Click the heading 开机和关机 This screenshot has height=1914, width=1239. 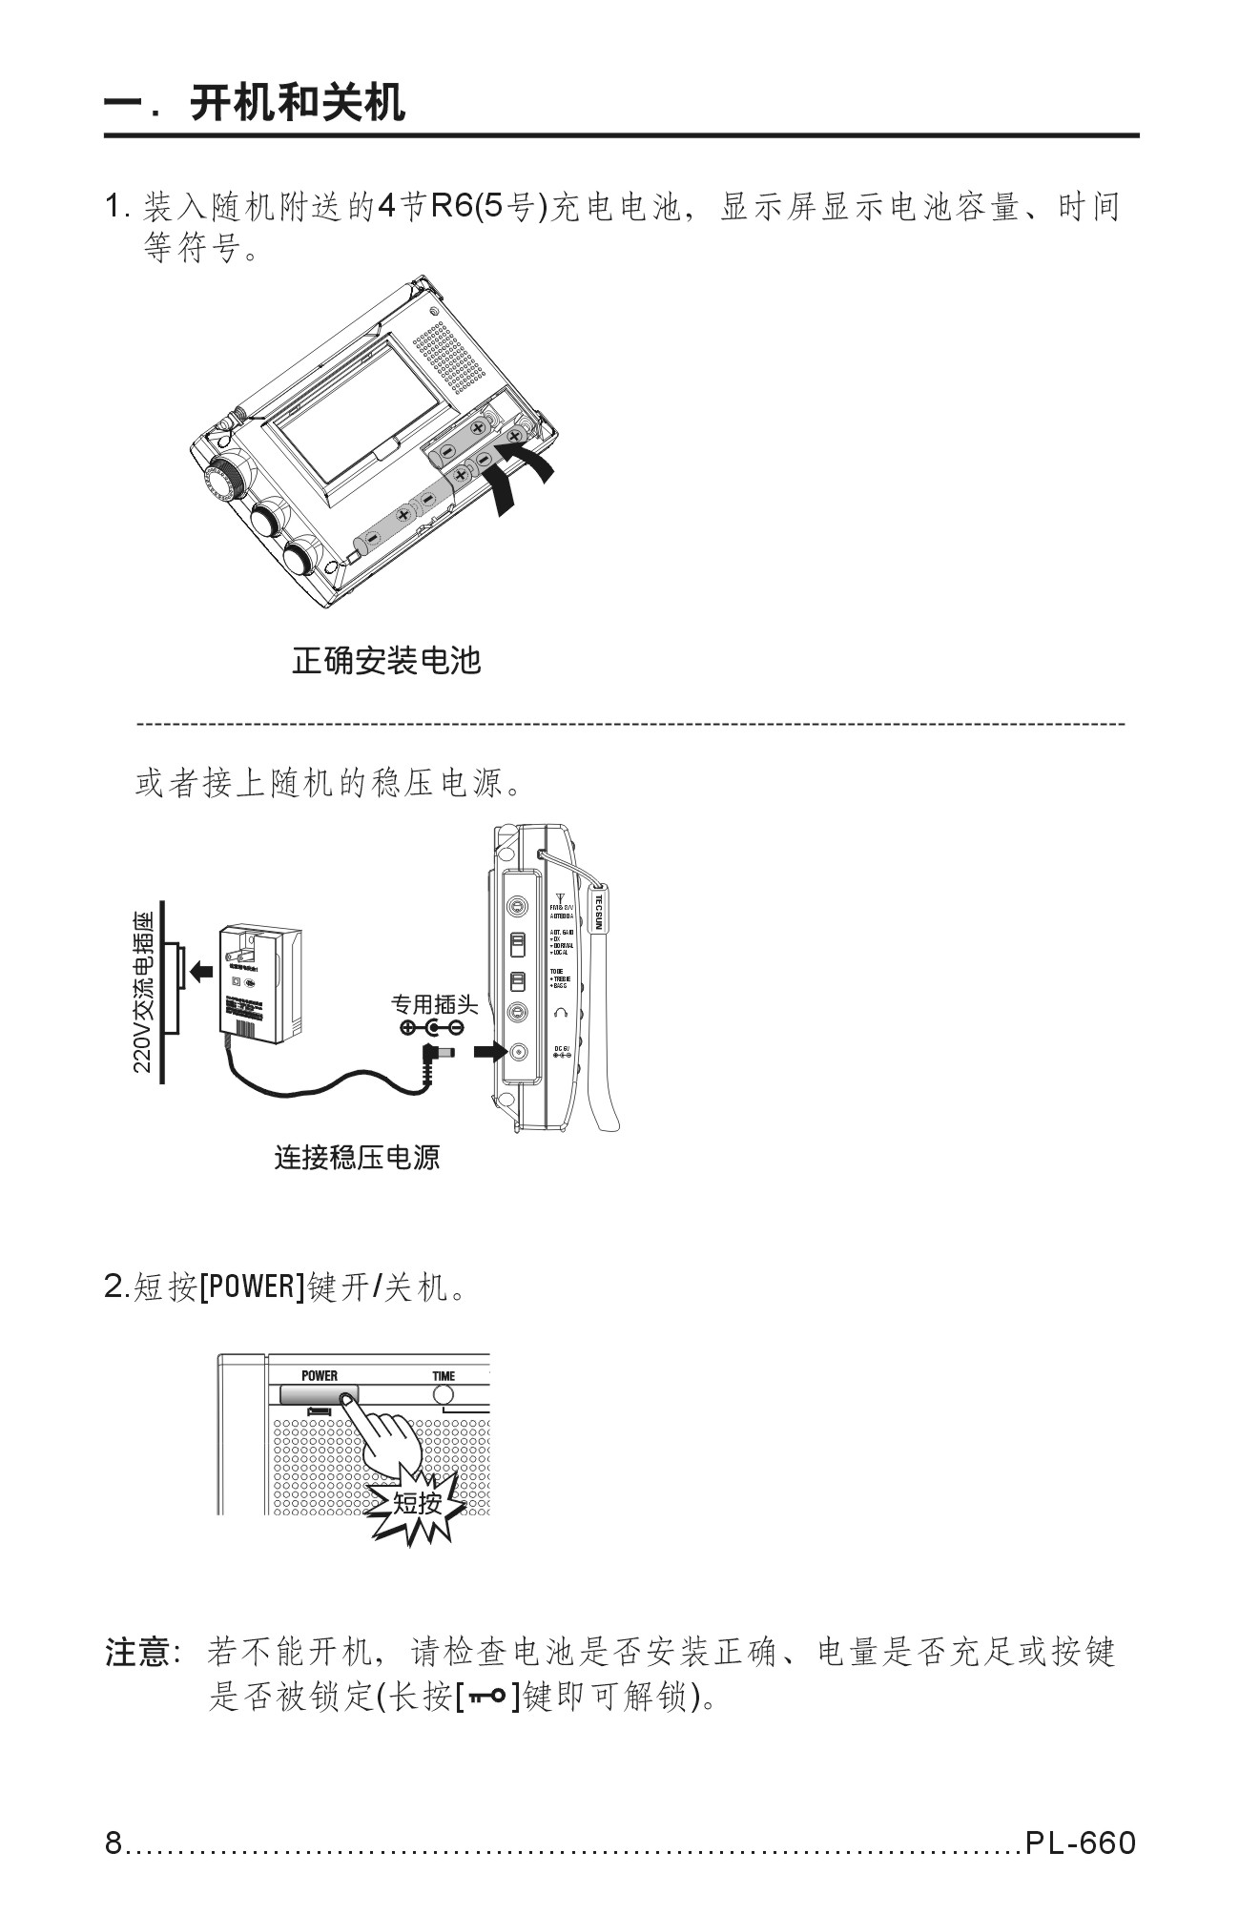coord(298,103)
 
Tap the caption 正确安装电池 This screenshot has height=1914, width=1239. coord(385,660)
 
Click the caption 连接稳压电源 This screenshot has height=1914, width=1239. coord(357,1158)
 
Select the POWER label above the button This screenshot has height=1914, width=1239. coord(320,1375)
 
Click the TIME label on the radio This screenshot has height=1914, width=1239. coord(444,1375)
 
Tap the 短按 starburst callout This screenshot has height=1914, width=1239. coord(418,1503)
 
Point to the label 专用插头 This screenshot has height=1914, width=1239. coord(434,1003)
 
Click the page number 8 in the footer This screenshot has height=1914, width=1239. coord(114,1842)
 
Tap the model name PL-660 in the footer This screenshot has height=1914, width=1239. coord(1082,1842)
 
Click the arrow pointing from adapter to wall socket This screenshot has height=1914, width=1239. coord(200,971)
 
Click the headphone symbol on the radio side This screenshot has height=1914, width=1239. coord(560,1011)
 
